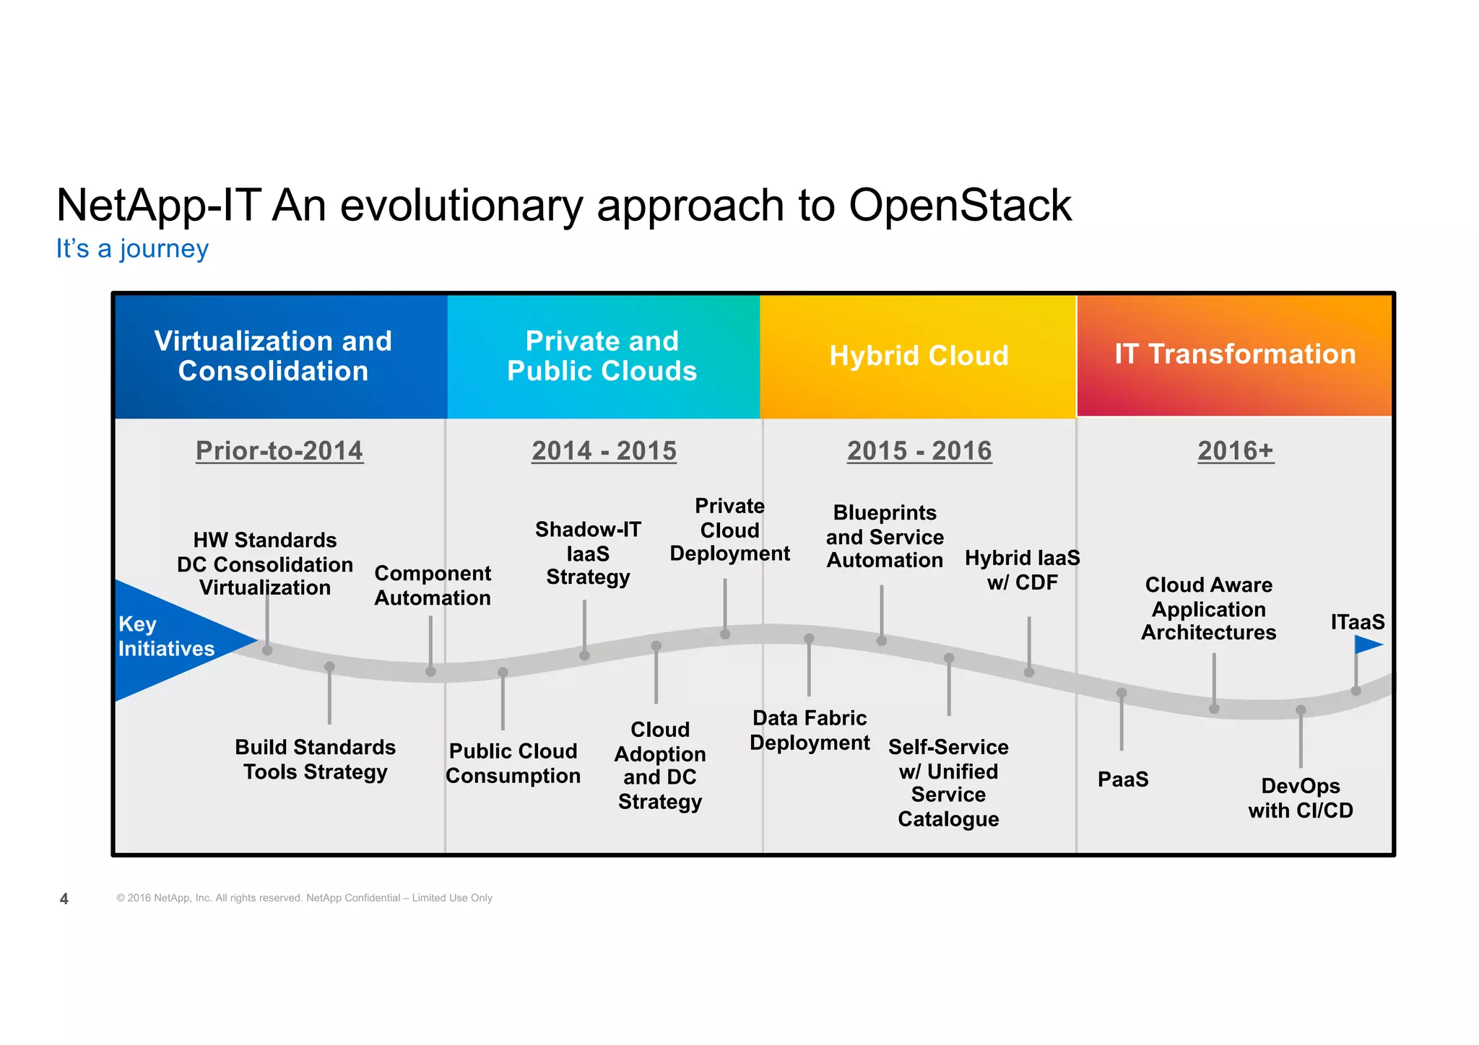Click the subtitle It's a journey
(132, 249)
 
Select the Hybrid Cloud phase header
(919, 356)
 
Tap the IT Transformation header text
(1235, 354)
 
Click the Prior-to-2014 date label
(279, 451)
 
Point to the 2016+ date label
(1236, 451)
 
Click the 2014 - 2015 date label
(604, 451)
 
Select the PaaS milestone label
(1123, 779)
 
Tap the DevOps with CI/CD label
(1301, 798)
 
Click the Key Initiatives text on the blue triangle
(165, 637)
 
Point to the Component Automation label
(432, 585)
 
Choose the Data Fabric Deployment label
(810, 730)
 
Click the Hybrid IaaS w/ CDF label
(1022, 570)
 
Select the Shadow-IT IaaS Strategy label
(588, 554)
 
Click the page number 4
(64, 899)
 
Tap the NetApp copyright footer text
(304, 898)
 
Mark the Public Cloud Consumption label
(513, 764)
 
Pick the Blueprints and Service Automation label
(885, 537)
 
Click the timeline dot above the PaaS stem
(1122, 693)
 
